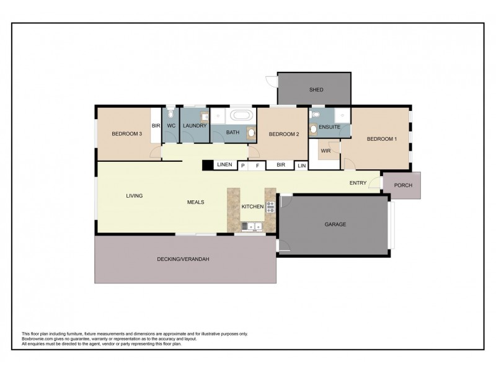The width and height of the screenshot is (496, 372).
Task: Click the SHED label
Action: [x=316, y=90]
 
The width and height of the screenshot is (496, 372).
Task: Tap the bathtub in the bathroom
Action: [x=241, y=116]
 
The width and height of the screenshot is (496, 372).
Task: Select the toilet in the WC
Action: [x=170, y=115]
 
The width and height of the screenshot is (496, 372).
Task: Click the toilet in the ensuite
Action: [x=316, y=115]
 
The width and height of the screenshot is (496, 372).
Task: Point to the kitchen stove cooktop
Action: [x=270, y=206]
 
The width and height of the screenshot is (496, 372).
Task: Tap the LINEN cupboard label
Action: [x=224, y=165]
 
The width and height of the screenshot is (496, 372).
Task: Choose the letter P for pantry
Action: [x=243, y=166]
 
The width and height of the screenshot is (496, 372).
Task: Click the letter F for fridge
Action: [x=257, y=166]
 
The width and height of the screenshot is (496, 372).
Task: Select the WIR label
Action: [x=325, y=151]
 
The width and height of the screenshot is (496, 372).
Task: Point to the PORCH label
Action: [x=403, y=185]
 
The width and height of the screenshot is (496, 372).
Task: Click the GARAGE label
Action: [x=335, y=224]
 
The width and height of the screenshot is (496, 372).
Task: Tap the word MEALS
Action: [x=197, y=202]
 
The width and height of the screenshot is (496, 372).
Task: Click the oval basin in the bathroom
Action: [x=250, y=131]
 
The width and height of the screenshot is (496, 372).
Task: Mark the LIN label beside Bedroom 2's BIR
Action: [x=301, y=166]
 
